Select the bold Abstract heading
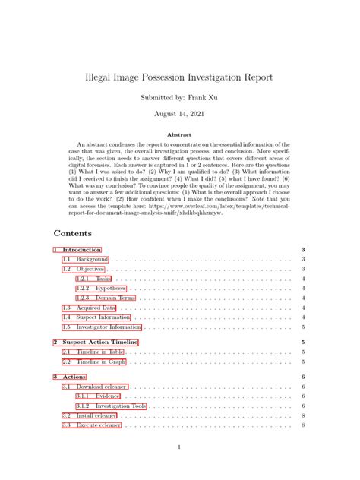tap(179, 134)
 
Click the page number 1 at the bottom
tap(179, 447)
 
